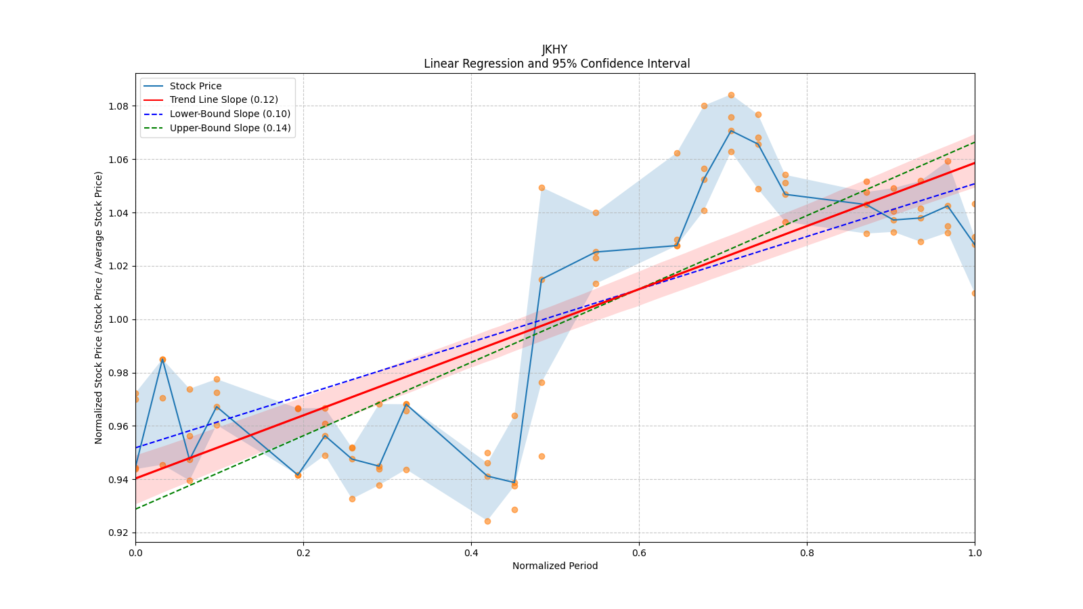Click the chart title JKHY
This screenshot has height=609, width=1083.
(x=554, y=49)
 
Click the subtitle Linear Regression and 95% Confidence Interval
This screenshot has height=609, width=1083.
(x=556, y=64)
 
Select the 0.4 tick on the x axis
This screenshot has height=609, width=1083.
(x=471, y=552)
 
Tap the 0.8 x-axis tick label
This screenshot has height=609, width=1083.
(x=807, y=552)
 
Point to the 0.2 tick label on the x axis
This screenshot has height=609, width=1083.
(x=303, y=552)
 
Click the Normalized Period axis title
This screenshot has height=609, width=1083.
(x=555, y=566)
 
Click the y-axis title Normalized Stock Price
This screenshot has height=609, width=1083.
(x=98, y=307)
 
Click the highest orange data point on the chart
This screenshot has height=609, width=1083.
(x=731, y=95)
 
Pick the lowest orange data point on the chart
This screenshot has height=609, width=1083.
(x=487, y=522)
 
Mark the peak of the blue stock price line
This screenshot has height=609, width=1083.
(x=731, y=131)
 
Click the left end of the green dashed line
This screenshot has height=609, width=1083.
(x=136, y=509)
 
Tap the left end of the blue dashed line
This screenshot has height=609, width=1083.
(x=136, y=447)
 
